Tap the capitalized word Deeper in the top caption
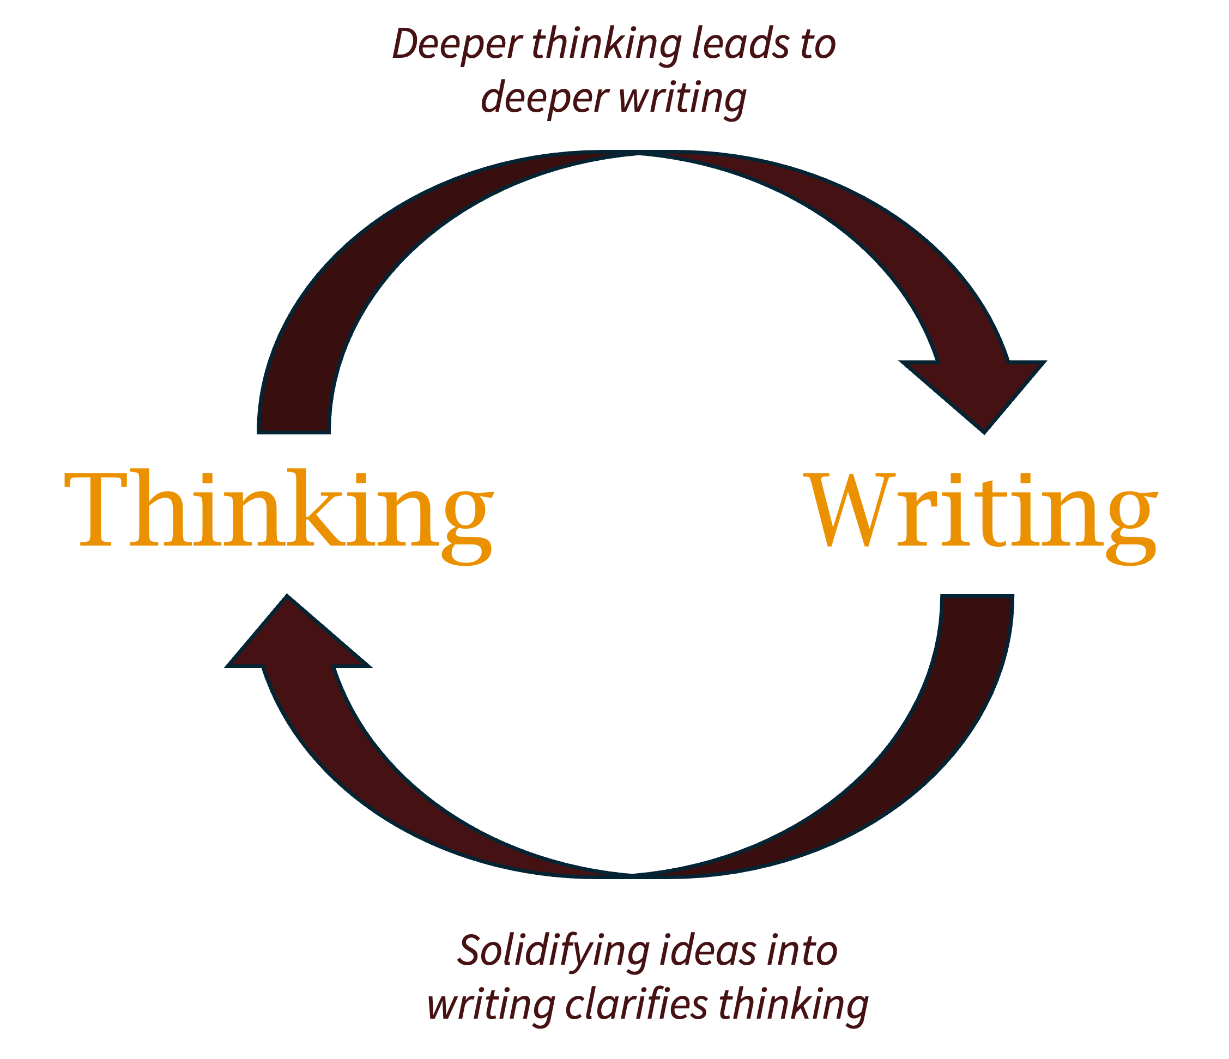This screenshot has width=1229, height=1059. pos(456,45)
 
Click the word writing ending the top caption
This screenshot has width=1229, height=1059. pos(682,99)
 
